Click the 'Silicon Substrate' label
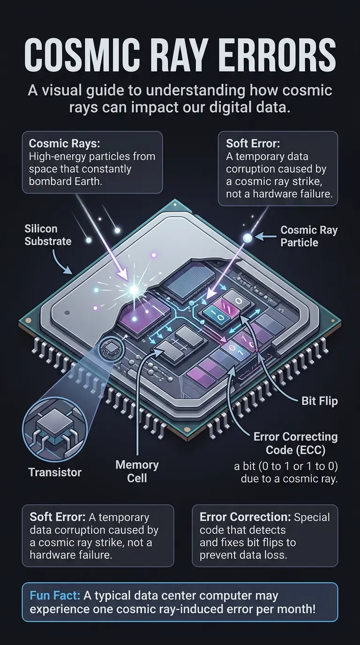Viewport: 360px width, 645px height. (48, 235)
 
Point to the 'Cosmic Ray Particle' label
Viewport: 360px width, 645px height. (308, 236)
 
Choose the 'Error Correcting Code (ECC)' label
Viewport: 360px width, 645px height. (295, 442)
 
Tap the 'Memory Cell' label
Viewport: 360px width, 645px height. (137, 471)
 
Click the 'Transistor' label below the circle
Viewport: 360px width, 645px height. (54, 472)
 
